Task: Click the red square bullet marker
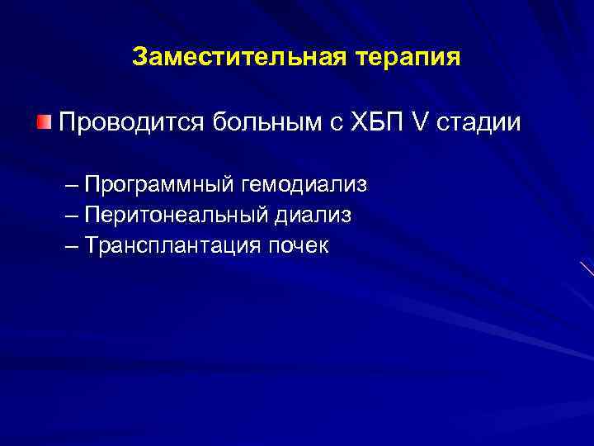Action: [44, 123]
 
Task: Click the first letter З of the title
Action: [139, 58]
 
